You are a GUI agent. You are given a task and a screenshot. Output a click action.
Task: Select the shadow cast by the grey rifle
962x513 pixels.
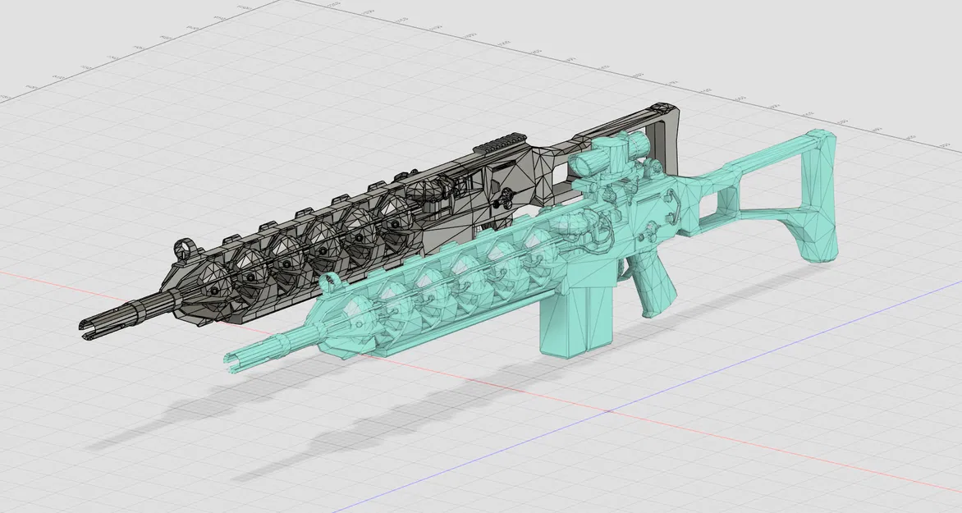coord(164,419)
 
